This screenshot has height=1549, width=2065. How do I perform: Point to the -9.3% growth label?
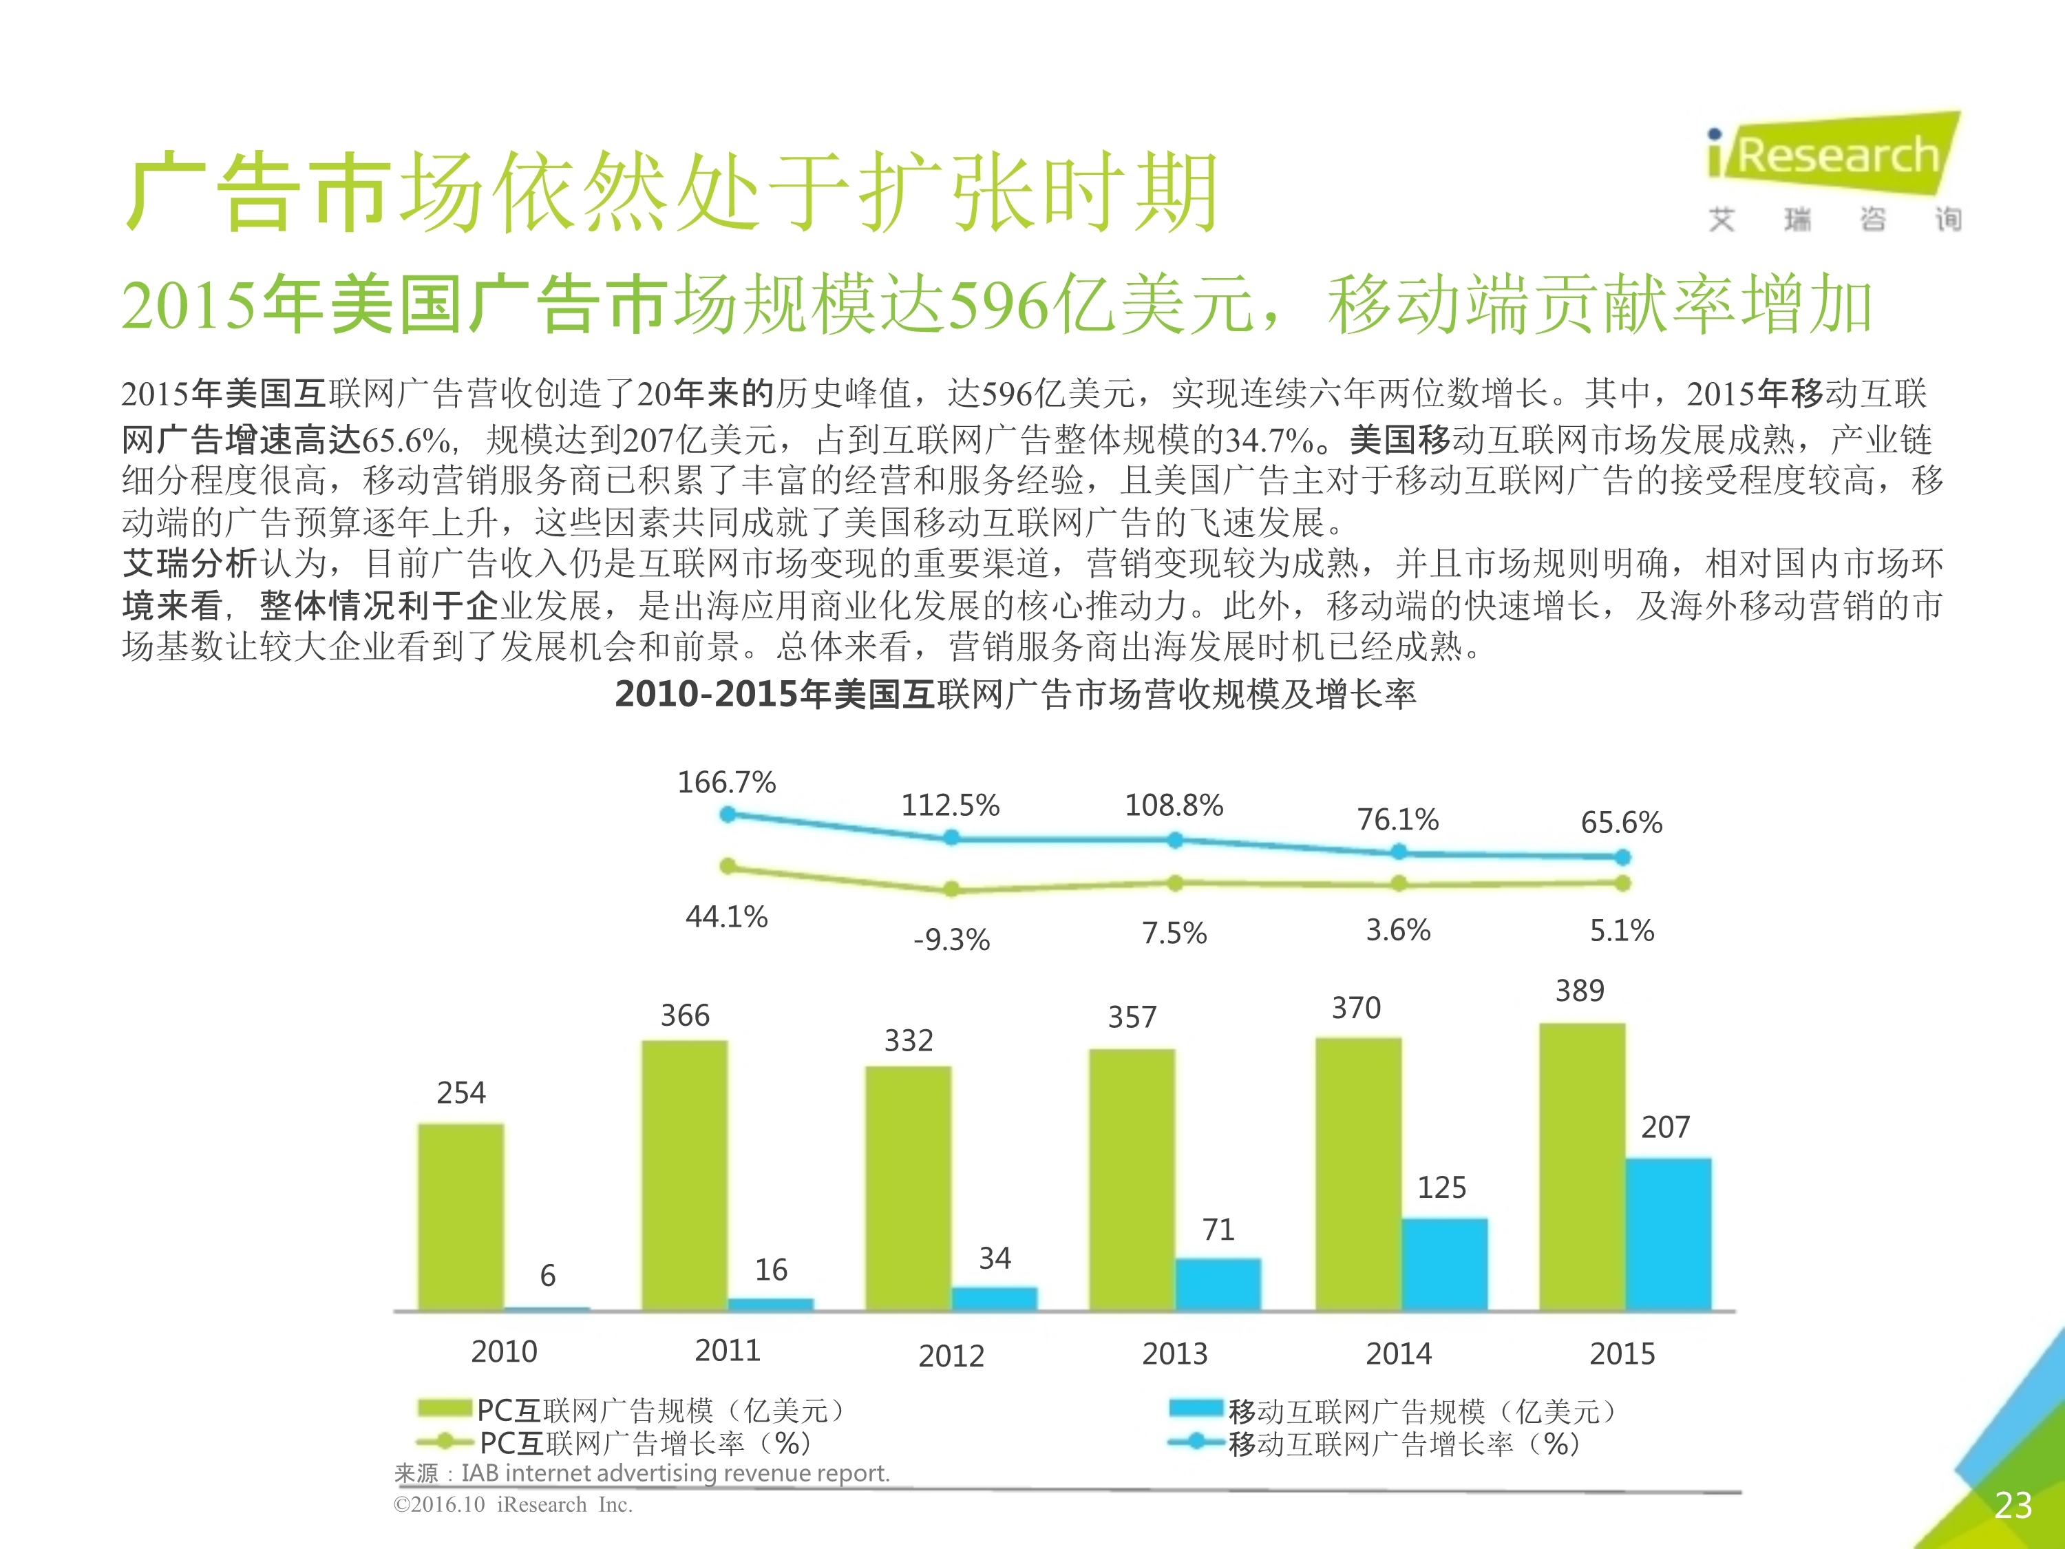[x=951, y=939]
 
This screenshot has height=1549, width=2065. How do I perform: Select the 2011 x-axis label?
[x=728, y=1350]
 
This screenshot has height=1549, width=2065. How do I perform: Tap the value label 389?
[x=1580, y=991]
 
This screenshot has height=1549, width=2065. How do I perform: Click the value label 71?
[x=1218, y=1230]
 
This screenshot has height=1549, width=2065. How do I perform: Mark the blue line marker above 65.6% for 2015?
[x=1622, y=856]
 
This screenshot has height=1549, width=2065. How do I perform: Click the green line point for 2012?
[x=951, y=889]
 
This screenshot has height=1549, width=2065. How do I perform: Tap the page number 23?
[x=2013, y=1505]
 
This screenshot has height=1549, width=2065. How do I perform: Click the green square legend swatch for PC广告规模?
[x=445, y=1408]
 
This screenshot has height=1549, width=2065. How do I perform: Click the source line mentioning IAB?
[x=642, y=1473]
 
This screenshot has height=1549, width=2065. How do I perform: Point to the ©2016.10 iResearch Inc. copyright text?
[x=513, y=1505]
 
